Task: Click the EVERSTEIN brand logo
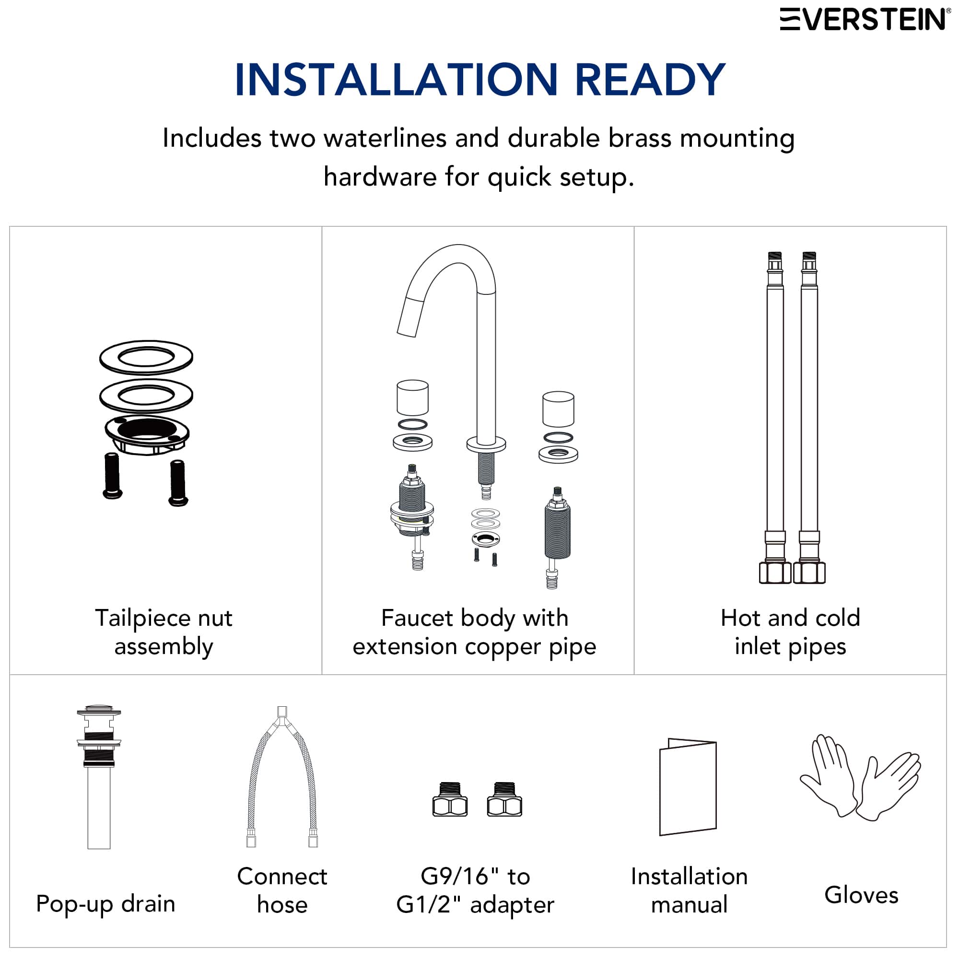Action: point(864,20)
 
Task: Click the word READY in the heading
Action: point(650,80)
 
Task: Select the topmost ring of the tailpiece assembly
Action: point(146,357)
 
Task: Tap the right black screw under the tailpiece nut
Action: point(178,483)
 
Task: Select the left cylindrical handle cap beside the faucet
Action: point(412,398)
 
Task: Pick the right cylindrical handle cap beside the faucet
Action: point(558,409)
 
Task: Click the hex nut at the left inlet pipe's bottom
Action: point(775,573)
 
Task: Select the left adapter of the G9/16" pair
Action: point(450,800)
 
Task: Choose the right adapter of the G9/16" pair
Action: point(504,800)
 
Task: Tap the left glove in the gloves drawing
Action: point(828,777)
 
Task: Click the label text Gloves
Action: point(861,895)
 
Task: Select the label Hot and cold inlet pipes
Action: point(790,632)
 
